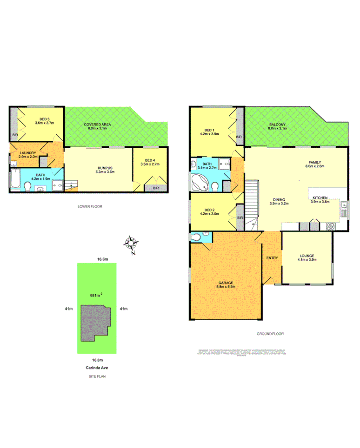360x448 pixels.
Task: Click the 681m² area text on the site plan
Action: click(96, 295)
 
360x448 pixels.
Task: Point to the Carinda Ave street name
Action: click(97, 367)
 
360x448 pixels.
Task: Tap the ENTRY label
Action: click(272, 258)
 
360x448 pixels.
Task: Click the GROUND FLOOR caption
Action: click(270, 334)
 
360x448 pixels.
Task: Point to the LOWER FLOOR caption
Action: click(90, 206)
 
